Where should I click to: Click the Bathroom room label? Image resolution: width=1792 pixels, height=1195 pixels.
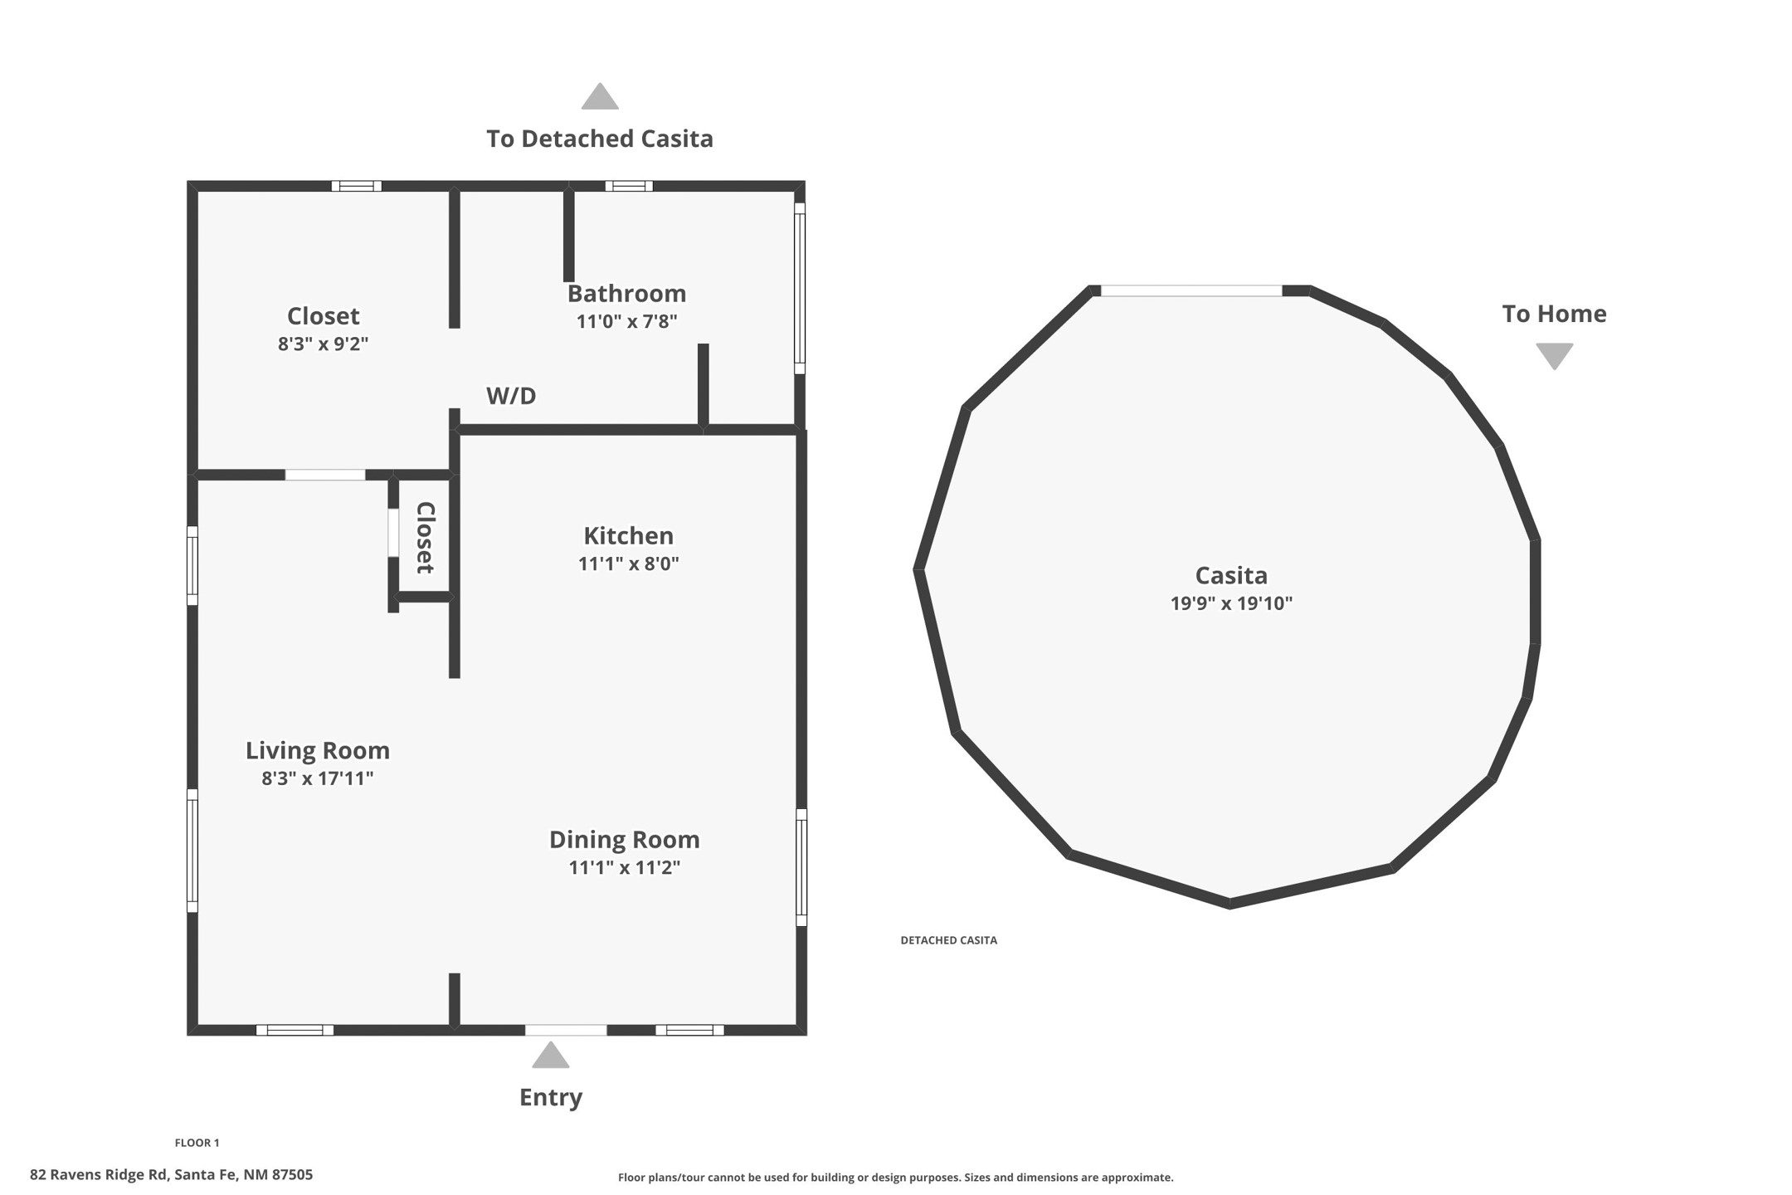click(626, 294)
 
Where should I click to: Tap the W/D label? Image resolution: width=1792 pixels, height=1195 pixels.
click(511, 396)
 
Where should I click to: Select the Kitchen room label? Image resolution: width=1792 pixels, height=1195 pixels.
click(628, 536)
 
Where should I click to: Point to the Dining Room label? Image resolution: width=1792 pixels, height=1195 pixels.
click(625, 840)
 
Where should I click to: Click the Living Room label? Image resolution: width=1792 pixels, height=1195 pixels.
click(318, 751)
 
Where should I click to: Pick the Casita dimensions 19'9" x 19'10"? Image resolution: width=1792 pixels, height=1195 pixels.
click(1231, 603)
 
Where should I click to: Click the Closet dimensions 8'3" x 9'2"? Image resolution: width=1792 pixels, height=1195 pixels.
click(323, 344)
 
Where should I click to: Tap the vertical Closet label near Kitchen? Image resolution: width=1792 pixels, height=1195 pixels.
click(425, 537)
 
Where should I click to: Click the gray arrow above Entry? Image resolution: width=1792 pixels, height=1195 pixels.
click(551, 1056)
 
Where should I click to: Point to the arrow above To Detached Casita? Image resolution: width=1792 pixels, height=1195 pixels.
click(600, 96)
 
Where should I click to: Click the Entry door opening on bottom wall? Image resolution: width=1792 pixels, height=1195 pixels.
click(566, 1030)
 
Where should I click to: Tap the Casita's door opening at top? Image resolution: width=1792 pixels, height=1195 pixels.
click(1191, 290)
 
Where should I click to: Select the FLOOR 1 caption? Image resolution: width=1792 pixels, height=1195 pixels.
click(197, 1143)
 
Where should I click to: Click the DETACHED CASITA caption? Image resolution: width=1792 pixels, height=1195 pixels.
click(949, 940)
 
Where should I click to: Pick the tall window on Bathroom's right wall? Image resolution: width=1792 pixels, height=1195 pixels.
click(800, 289)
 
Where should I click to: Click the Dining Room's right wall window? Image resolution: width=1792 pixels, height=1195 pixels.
click(801, 867)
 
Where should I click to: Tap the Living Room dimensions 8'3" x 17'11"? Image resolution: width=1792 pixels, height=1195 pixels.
click(318, 778)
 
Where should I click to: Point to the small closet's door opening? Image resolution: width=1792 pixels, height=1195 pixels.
click(393, 533)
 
